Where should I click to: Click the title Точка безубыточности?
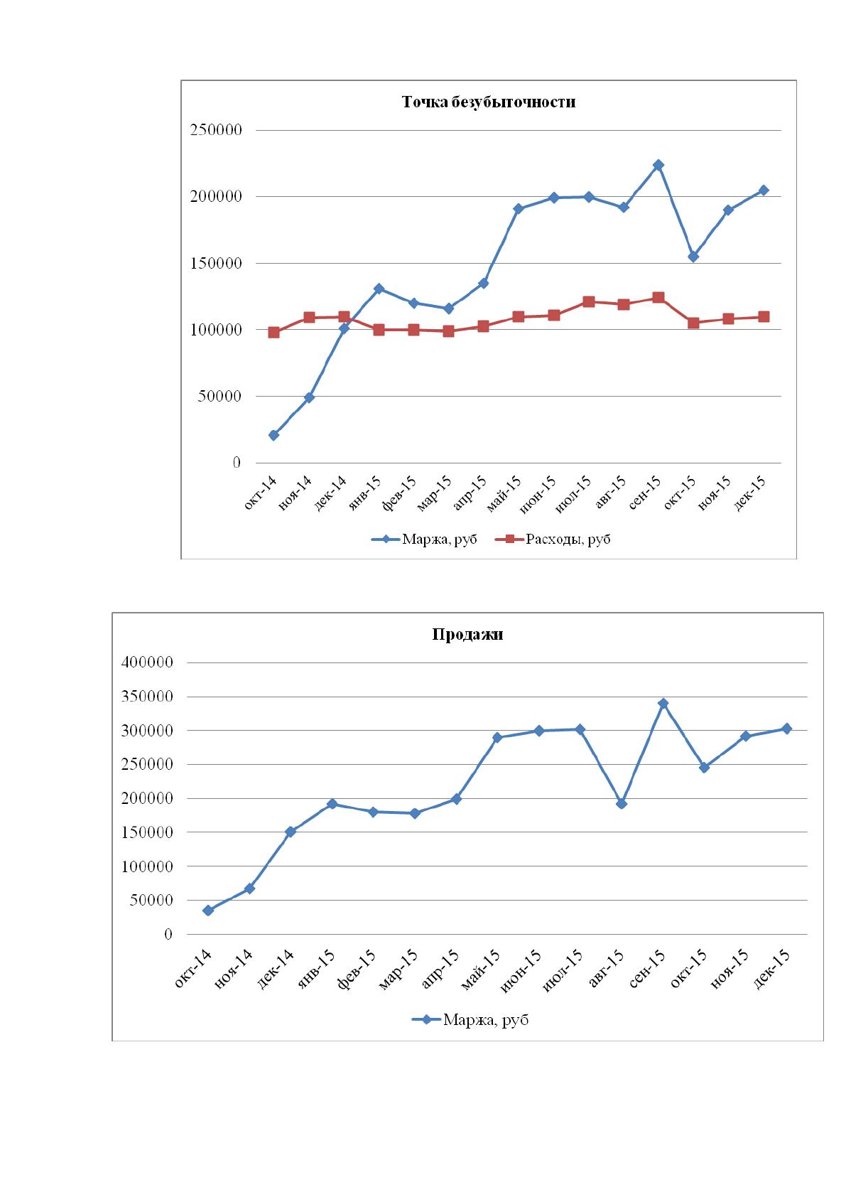click(488, 102)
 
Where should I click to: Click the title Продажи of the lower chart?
click(467, 634)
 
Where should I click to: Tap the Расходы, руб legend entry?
click(553, 540)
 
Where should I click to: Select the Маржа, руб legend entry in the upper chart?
click(424, 540)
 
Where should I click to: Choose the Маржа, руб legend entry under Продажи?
click(470, 1019)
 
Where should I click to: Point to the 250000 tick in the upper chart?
click(216, 130)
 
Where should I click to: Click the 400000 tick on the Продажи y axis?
click(148, 662)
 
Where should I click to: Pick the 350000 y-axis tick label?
click(148, 697)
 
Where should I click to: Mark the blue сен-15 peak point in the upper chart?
click(658, 165)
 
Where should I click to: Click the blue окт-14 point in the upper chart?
click(274, 435)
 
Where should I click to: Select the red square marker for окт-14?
click(274, 333)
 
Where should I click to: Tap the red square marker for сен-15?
click(658, 298)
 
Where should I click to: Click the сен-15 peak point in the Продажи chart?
click(663, 703)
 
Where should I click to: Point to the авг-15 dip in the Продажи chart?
click(621, 804)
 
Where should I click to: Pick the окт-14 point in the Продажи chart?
click(208, 911)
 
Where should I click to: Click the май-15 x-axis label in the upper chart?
click(504, 494)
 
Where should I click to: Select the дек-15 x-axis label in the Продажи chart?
click(771, 970)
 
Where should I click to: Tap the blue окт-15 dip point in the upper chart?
click(693, 257)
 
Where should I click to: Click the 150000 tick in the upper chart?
click(216, 263)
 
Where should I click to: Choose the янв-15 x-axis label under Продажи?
click(317, 970)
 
